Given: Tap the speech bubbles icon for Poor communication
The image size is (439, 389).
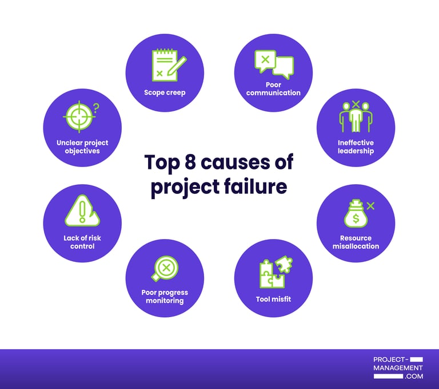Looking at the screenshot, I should point(274,64).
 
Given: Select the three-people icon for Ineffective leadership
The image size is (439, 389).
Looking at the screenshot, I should point(356,117).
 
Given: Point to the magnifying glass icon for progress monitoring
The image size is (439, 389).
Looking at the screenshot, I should point(165,268).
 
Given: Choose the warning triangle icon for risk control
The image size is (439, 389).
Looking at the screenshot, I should point(82,210).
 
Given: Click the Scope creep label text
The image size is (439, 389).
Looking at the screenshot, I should point(165,92).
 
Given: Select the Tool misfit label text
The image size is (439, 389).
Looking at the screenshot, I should point(273,298).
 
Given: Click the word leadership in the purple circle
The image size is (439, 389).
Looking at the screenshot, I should point(356,151).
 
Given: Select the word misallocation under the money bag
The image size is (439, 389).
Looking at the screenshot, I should point(356,246).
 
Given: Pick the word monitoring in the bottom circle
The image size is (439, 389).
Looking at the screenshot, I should point(165,301).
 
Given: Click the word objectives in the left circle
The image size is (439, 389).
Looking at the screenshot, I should point(82,151).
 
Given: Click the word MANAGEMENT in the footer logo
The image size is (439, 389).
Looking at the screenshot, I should point(398,368).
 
